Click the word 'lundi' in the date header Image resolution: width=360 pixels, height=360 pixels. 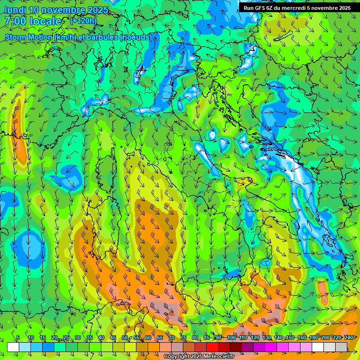click(x=15, y=10)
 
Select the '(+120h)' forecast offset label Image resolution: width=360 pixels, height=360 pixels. click(x=83, y=21)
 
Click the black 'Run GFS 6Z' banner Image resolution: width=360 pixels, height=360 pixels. click(x=297, y=8)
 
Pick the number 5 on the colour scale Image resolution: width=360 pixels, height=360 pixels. click(x=18, y=337)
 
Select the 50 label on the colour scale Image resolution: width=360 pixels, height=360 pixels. click(x=125, y=337)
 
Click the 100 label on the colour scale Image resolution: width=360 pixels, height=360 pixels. click(x=231, y=337)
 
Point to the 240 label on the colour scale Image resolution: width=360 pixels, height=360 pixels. click(x=348, y=337)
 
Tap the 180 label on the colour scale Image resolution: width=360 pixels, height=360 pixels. click(x=313, y=337)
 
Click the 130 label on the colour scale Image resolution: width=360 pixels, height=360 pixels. click(x=266, y=337)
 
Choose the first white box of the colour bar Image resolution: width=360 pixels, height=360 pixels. click(x=13, y=347)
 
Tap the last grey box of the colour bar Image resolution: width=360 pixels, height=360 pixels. click(x=341, y=347)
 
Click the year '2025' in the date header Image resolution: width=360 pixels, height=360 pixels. click(x=97, y=10)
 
